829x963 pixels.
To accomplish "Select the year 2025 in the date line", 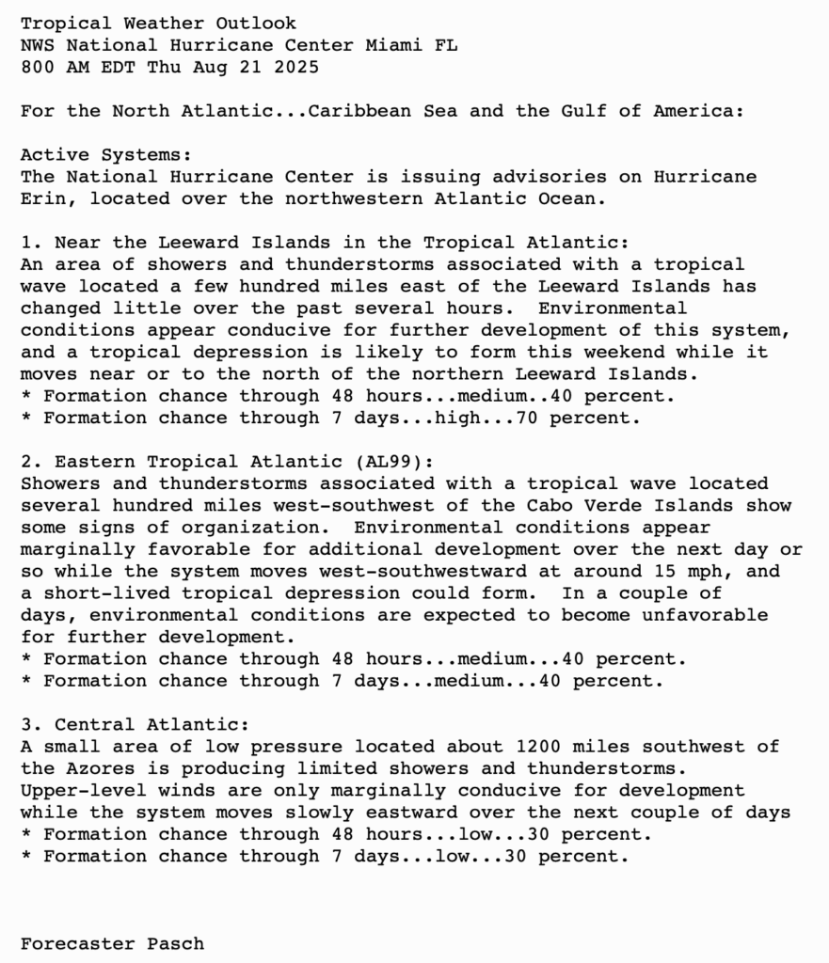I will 296,67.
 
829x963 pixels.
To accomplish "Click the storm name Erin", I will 43,198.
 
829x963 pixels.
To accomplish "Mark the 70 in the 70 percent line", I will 527,418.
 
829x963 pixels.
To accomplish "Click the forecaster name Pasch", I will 175,943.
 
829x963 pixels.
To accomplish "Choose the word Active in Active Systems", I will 55,154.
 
